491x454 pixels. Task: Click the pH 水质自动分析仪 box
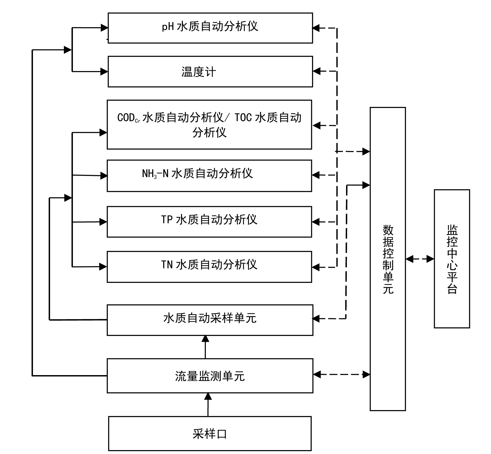pos(210,28)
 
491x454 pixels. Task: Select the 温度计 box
pos(210,72)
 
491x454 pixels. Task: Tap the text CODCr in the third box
pos(129,118)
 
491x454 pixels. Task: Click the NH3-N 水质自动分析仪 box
pos(209,175)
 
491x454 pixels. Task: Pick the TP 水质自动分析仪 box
pos(209,222)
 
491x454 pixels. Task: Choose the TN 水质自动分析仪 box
pos(209,267)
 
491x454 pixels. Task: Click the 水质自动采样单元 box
pos(210,320)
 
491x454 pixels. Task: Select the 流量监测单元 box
pos(210,375)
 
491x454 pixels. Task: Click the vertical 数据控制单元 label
pos(388,259)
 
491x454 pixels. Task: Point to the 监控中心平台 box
pos(452,259)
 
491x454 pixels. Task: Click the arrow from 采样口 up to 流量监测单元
pos(208,404)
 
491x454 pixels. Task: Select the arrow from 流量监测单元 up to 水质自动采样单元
pos(205,347)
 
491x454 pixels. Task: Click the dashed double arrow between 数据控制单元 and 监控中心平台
pos(420,259)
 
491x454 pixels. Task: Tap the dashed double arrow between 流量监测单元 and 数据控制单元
pos(342,374)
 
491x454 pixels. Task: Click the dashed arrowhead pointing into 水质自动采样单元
pos(316,318)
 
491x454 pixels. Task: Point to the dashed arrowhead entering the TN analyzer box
pos(316,267)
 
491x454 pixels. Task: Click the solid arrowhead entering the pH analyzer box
pos(104,28)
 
